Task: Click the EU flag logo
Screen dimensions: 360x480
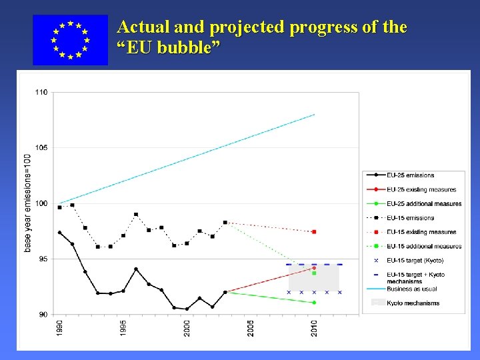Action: point(70,40)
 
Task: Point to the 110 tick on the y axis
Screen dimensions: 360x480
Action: point(41,92)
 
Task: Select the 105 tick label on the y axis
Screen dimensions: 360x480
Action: point(41,147)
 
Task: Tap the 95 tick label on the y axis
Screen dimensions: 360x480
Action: point(43,259)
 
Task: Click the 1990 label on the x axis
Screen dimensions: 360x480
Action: point(60,327)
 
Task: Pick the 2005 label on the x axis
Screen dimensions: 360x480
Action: point(251,327)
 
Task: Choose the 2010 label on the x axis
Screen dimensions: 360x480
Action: point(314,327)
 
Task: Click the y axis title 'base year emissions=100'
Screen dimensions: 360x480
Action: point(27,203)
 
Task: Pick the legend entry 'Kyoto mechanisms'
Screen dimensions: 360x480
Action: point(413,303)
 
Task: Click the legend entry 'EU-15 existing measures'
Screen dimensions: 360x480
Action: point(421,232)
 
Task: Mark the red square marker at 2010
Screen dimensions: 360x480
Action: point(314,231)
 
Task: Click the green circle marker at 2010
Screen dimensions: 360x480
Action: point(314,303)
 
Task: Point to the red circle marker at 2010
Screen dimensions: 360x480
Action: point(314,268)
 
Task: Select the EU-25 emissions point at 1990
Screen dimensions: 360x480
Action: point(59,233)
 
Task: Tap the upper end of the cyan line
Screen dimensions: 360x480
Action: point(314,115)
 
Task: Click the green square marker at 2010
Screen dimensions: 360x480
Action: point(314,273)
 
